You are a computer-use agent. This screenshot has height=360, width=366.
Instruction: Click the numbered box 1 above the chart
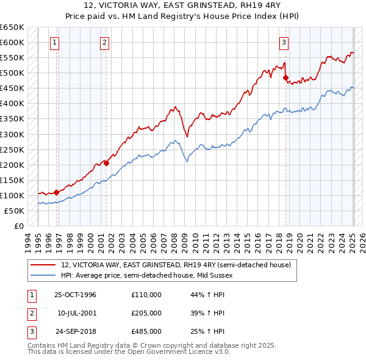tap(55, 43)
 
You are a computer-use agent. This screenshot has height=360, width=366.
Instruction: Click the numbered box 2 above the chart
tap(105, 43)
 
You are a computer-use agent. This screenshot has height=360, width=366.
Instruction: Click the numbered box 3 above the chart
tap(284, 43)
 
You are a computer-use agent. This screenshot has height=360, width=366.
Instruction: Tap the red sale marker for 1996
tap(57, 192)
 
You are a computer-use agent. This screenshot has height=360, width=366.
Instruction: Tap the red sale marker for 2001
tap(106, 163)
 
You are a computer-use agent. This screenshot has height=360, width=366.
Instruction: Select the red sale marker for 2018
tap(285, 77)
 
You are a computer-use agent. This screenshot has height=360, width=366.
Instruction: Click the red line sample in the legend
tap(44, 265)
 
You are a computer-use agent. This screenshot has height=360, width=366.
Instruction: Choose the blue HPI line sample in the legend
tap(44, 275)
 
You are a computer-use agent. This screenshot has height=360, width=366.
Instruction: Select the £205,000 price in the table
tap(146, 313)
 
